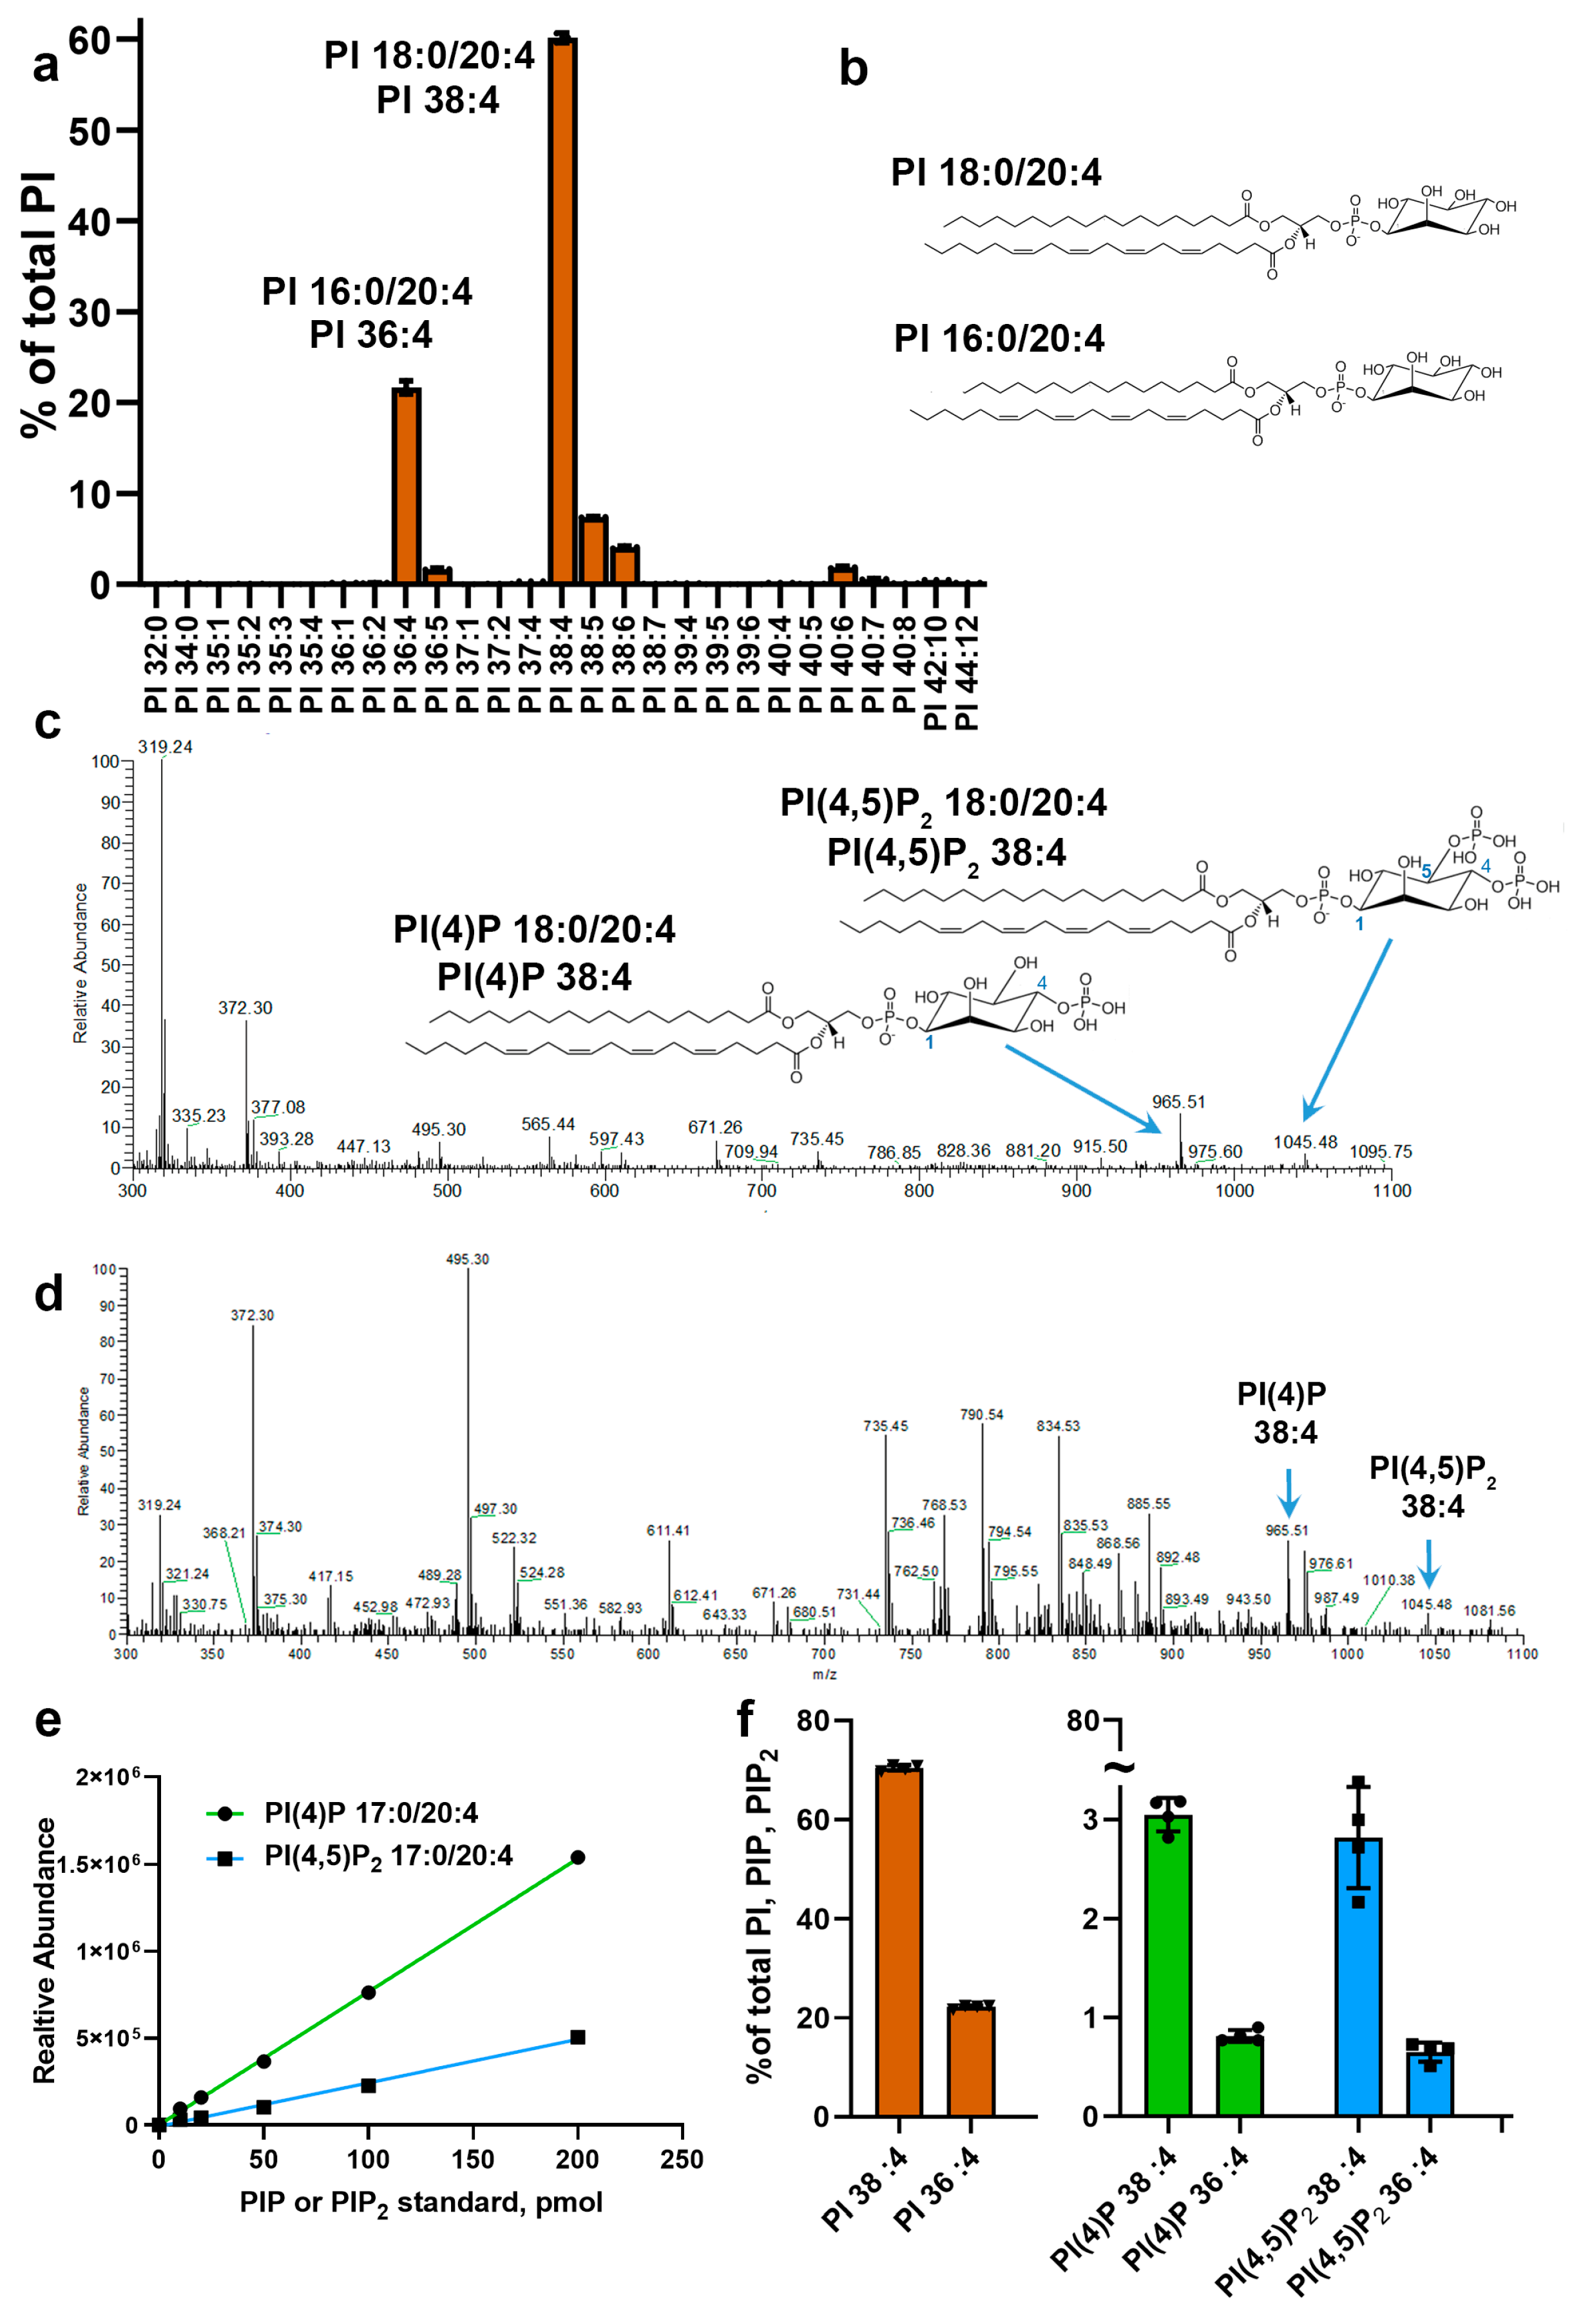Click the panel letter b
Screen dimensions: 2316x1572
pyautogui.click(x=852, y=70)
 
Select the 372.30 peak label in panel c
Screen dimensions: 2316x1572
pyautogui.click(x=245, y=1007)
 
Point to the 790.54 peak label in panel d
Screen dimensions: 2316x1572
pyautogui.click(x=982, y=1414)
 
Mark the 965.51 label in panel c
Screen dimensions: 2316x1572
pyautogui.click(x=1178, y=1101)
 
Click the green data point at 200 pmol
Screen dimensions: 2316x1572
pyautogui.click(x=577, y=1857)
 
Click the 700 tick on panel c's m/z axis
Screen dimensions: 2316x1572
pyautogui.click(x=762, y=1190)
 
